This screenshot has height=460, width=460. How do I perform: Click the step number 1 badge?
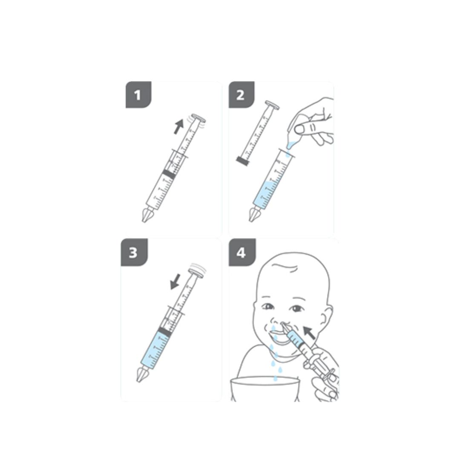138,95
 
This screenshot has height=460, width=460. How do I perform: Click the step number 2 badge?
241,95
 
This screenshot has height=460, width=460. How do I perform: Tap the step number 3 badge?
134,252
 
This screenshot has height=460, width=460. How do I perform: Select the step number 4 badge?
242,252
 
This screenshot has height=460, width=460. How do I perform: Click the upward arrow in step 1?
178,126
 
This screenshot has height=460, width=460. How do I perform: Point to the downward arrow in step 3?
175,282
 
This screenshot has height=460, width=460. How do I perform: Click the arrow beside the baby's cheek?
309,333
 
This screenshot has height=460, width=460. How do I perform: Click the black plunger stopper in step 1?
169,174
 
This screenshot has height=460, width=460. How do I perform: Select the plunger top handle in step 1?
198,118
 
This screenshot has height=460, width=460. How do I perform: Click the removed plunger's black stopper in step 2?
242,161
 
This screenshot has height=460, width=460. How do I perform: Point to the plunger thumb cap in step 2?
272,105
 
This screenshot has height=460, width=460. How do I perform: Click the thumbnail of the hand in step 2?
299,129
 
